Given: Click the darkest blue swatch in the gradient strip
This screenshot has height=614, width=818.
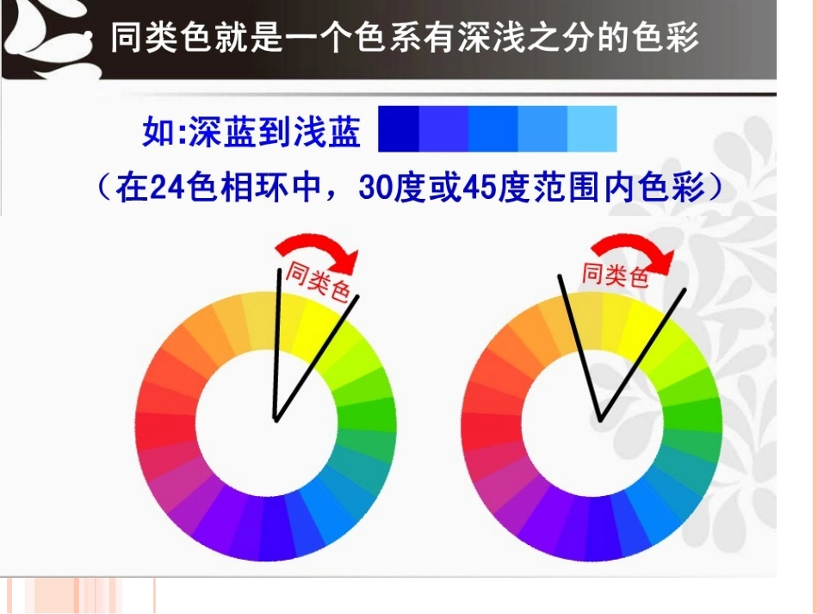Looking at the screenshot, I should tap(399, 129).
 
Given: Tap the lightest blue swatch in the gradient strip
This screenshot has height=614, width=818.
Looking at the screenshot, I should tap(592, 129).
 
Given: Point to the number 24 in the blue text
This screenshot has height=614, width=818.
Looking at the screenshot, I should tap(167, 188).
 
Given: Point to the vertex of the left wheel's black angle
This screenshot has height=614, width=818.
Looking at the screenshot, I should tap(276, 419).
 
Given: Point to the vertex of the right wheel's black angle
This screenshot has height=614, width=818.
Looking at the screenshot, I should tap(600, 419).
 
